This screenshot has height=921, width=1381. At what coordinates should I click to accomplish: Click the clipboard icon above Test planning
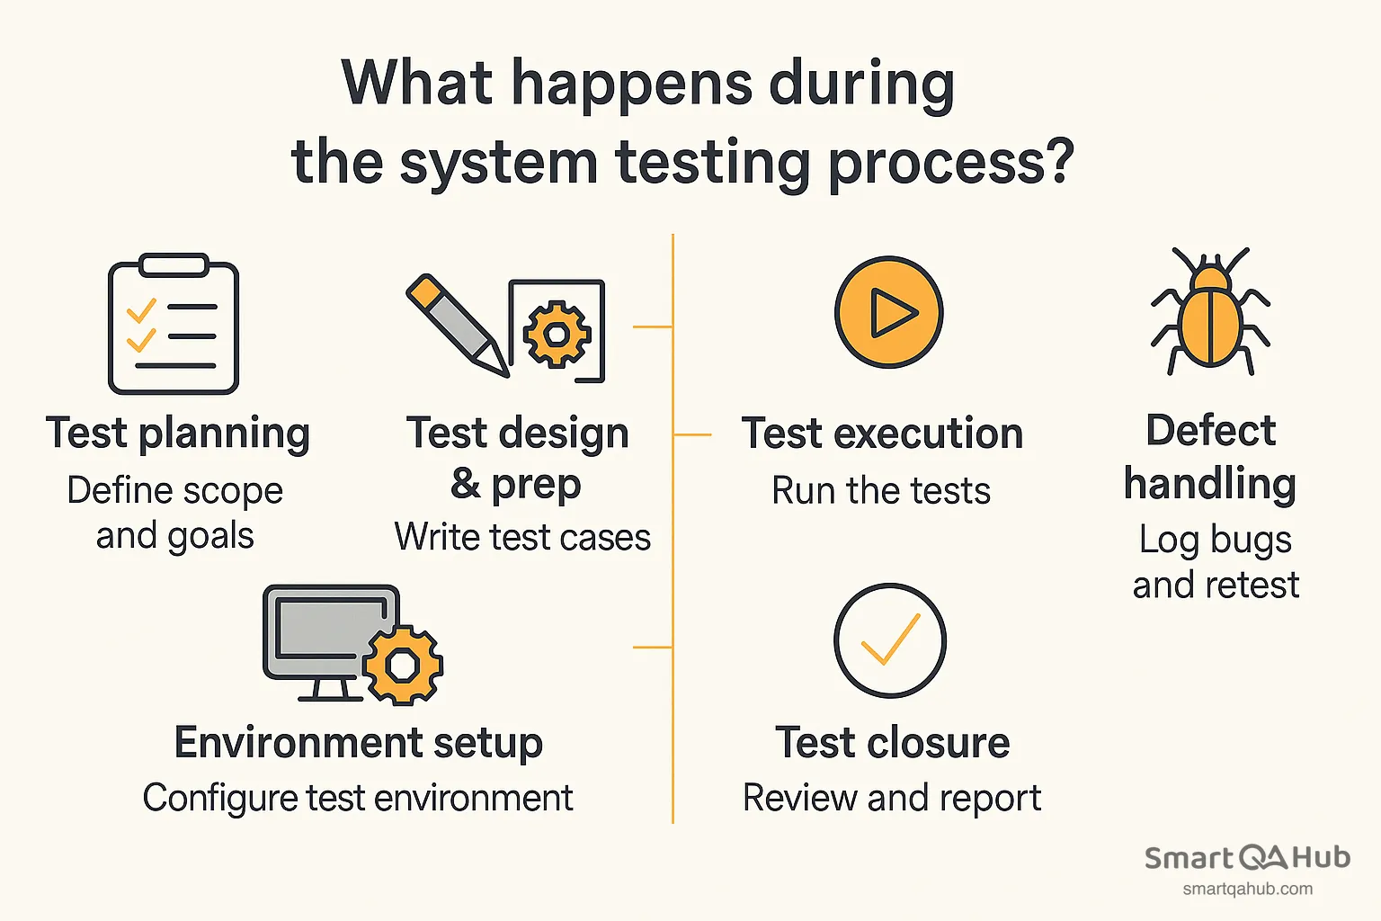(x=174, y=325)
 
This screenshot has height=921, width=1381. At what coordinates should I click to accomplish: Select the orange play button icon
(x=888, y=312)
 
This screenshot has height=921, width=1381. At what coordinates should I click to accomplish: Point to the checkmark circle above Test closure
(x=889, y=640)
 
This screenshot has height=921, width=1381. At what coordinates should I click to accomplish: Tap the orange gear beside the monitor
(x=402, y=665)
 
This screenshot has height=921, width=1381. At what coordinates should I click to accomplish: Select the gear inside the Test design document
(x=557, y=335)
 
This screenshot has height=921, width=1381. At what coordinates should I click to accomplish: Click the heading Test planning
(x=178, y=434)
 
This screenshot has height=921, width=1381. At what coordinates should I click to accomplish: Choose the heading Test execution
(x=882, y=434)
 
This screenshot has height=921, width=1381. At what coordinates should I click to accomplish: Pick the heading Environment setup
(x=359, y=743)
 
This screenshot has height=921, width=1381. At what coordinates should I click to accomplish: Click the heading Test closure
(x=892, y=743)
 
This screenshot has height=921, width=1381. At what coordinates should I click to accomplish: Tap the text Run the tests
(x=881, y=491)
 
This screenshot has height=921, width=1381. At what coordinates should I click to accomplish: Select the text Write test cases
(x=522, y=538)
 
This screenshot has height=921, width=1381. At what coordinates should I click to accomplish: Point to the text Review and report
(x=892, y=798)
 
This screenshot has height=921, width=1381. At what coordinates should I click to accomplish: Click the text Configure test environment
(x=358, y=798)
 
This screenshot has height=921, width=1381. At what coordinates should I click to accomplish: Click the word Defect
(x=1210, y=431)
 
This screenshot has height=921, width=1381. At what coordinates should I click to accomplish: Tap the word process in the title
(x=950, y=164)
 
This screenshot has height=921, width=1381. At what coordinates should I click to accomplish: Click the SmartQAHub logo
(x=1247, y=857)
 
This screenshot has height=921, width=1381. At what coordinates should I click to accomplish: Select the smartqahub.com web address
(x=1247, y=890)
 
